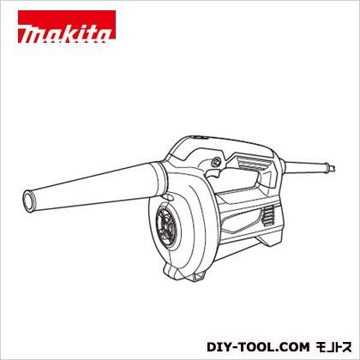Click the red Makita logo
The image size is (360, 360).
[x=67, y=27]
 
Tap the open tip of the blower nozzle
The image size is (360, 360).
[x=28, y=201]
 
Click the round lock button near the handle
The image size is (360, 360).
[x=215, y=161]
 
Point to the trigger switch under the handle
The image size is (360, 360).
[x=213, y=172]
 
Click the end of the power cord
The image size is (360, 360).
[x=332, y=168]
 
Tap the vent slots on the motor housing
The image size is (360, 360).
[x=268, y=217]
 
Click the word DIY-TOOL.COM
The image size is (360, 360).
[x=258, y=347]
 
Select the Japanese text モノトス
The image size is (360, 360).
[x=333, y=347]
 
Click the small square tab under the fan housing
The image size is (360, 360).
[x=200, y=276]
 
